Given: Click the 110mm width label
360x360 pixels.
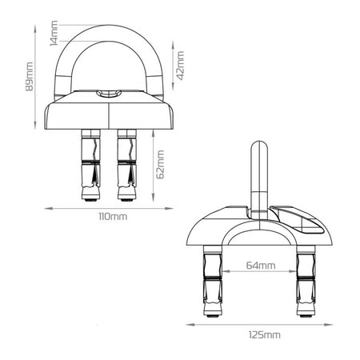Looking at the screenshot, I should coord(111,217).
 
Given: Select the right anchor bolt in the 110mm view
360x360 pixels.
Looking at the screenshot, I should coord(128,165).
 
